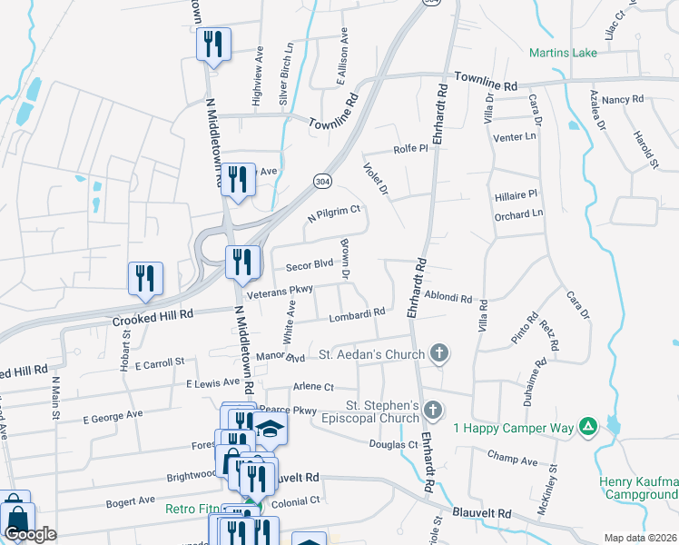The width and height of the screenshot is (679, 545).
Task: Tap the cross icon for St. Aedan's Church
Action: pos(439,353)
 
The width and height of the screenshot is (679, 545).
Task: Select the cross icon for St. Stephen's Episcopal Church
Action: pos(433,411)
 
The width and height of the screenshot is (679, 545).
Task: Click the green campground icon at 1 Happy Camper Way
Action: pos(588,426)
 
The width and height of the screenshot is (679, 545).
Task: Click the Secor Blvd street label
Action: pos(310,266)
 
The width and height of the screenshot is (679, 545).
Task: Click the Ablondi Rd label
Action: pos(448,297)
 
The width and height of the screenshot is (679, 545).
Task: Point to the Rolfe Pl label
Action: pos(410,149)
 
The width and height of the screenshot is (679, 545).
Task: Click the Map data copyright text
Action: pos(641,538)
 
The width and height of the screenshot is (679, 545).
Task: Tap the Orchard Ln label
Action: pos(518,214)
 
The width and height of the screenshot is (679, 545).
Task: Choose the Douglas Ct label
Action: pos(393,444)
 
